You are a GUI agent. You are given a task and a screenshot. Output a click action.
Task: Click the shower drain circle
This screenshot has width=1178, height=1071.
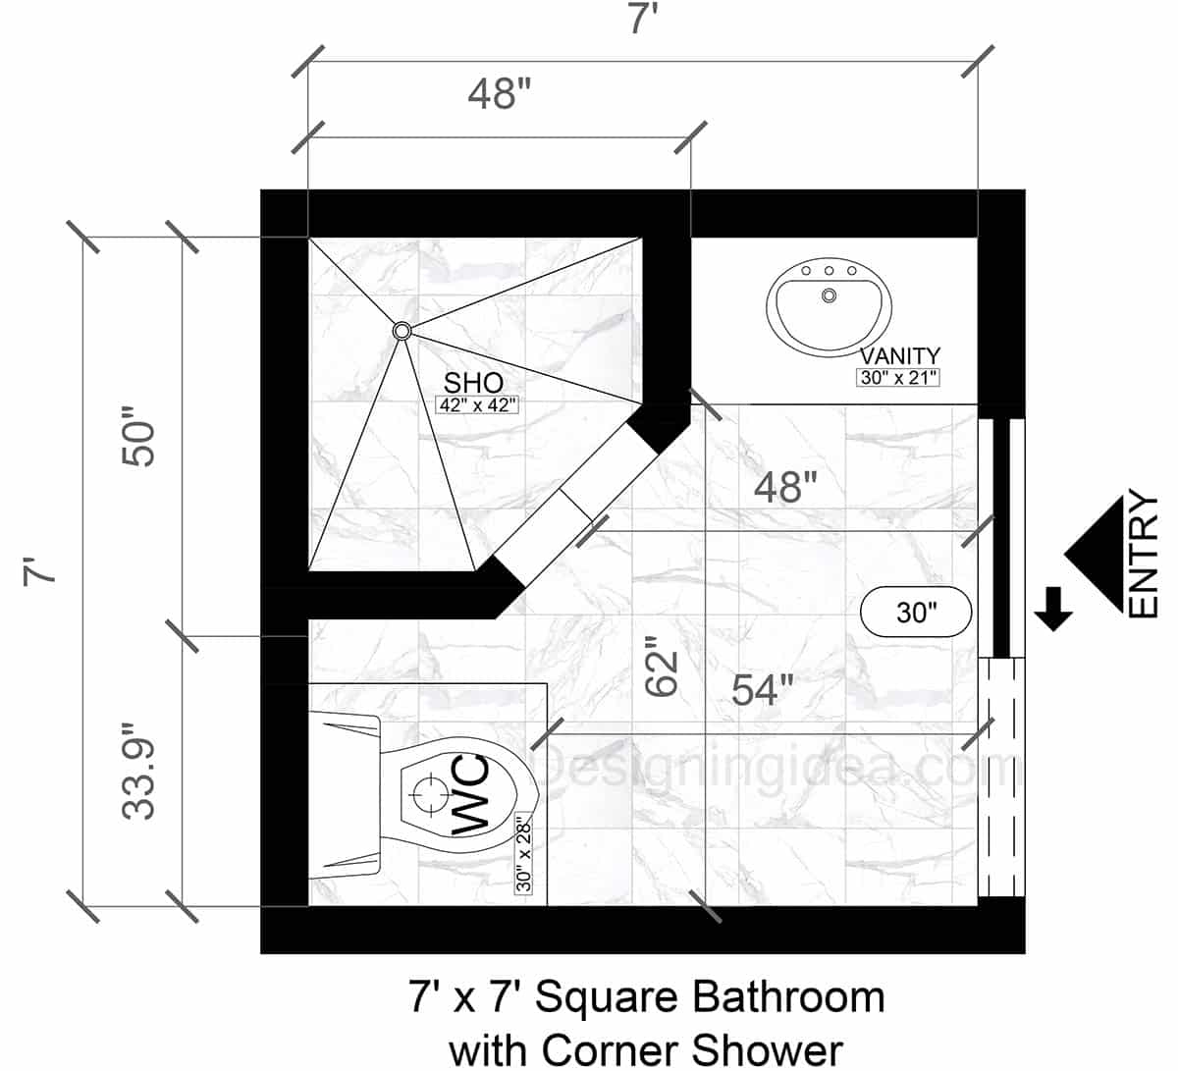(x=402, y=332)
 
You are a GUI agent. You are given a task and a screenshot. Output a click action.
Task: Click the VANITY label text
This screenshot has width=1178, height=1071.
(x=899, y=355)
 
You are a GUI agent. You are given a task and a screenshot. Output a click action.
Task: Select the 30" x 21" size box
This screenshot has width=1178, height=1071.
(x=897, y=377)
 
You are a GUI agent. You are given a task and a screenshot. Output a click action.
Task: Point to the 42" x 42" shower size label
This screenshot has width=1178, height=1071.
(x=476, y=403)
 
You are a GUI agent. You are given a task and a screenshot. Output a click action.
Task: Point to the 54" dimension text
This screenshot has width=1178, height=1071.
(x=763, y=691)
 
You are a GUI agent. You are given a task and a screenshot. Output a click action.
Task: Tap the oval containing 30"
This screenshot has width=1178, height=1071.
(x=916, y=613)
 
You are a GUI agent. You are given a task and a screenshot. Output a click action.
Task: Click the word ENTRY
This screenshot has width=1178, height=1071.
(x=1144, y=557)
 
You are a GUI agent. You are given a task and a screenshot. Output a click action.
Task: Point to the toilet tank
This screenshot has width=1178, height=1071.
(x=344, y=795)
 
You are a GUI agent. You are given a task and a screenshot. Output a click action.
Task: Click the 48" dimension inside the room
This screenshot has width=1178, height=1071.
(x=785, y=486)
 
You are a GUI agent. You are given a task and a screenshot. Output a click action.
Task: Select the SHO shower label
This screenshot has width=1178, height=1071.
(x=474, y=382)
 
